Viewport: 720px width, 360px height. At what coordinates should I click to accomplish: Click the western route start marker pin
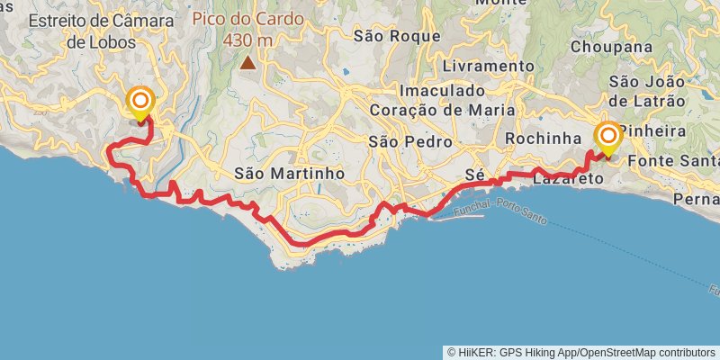(x=140, y=102)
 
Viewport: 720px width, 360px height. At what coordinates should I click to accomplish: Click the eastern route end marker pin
(x=608, y=138)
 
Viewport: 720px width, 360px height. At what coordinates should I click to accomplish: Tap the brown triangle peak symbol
(x=247, y=63)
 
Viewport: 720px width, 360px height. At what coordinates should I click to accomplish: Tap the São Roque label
(x=397, y=36)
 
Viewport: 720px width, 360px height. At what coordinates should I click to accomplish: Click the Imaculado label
(x=442, y=91)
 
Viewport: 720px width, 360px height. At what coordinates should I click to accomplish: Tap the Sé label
(x=475, y=172)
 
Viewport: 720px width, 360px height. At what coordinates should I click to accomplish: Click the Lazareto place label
(x=568, y=179)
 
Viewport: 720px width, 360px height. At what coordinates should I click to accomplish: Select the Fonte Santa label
(x=674, y=160)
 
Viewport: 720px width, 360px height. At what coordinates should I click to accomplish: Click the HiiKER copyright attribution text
(x=580, y=352)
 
